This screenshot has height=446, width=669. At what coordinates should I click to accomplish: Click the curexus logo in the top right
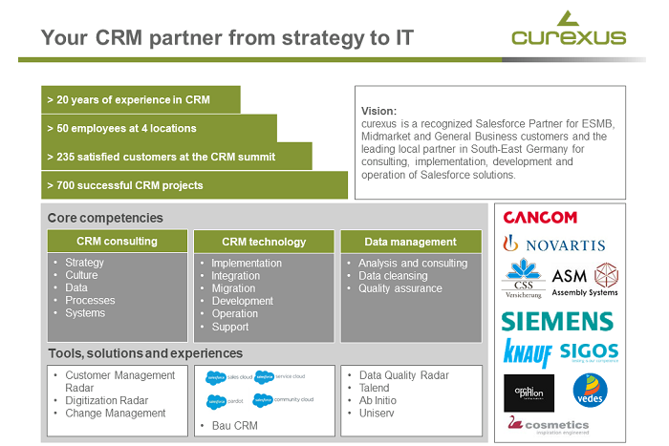click(568, 31)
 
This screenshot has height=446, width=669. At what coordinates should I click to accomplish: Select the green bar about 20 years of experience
click(141, 99)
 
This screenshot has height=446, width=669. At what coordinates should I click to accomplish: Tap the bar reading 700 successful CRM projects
click(194, 185)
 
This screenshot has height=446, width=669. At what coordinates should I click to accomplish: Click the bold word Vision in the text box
click(378, 111)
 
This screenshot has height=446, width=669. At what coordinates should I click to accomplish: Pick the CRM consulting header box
click(117, 242)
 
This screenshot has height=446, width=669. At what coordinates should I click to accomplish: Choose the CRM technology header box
click(263, 242)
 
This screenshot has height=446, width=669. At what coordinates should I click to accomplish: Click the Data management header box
click(411, 242)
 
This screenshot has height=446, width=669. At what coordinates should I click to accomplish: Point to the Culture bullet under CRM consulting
click(81, 275)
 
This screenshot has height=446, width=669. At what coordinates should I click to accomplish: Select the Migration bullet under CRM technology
click(233, 288)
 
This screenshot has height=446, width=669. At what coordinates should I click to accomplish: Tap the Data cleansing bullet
click(393, 276)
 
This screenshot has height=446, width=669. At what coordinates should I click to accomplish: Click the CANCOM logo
click(540, 218)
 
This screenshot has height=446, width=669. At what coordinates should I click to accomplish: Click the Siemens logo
click(557, 320)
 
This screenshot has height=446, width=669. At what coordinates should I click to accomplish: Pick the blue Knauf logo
click(528, 352)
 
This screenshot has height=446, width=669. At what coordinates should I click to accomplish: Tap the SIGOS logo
click(589, 352)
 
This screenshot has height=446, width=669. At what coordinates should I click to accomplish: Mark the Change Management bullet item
click(115, 414)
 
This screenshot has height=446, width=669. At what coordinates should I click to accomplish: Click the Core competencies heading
click(105, 218)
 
